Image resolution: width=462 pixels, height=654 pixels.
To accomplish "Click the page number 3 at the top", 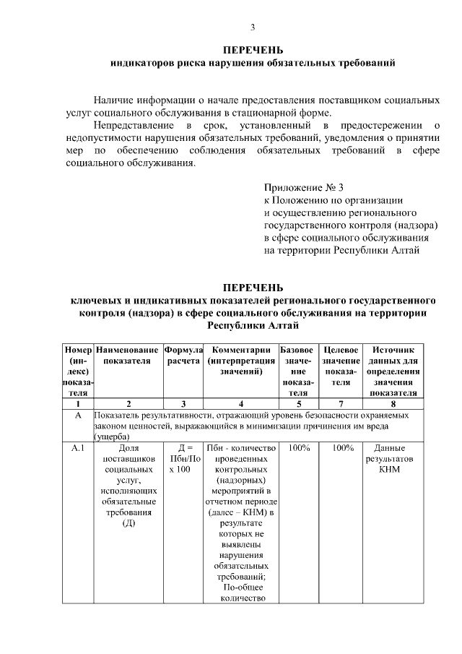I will click(253, 27).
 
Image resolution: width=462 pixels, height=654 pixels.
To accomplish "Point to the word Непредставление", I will click(130, 126).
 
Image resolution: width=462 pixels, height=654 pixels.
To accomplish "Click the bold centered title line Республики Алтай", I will click(252, 325).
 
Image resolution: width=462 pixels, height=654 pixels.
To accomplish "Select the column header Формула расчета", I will click(183, 355).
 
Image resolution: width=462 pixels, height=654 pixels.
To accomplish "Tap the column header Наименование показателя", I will click(128, 355).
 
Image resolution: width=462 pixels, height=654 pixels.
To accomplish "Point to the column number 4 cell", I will click(240, 404).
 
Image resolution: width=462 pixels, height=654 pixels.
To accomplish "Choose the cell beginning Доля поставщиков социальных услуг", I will click(128, 488).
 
